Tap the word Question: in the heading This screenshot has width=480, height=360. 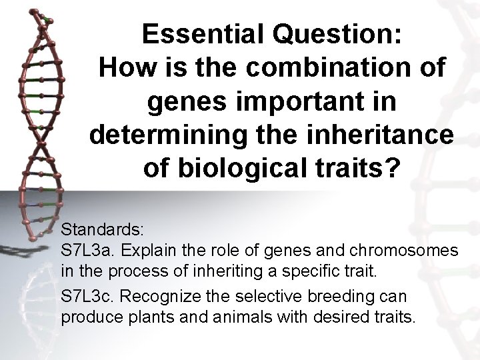[x=337, y=35]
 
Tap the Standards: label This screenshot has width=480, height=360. [x=102, y=230]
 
